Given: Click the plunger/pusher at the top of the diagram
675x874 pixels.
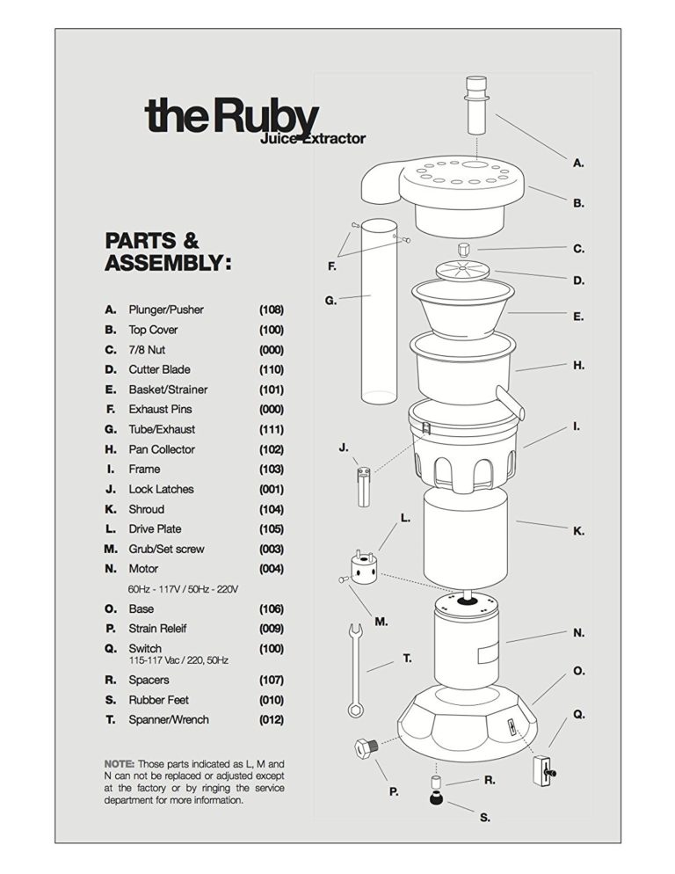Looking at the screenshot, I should (x=475, y=106).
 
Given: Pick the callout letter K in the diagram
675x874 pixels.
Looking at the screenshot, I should (x=578, y=531).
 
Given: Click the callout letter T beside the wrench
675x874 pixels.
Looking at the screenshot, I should (x=407, y=658).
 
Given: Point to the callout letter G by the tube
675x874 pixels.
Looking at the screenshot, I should (x=330, y=300).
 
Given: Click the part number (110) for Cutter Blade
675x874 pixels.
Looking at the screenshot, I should (x=272, y=369).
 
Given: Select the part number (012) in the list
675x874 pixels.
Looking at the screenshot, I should (x=272, y=720).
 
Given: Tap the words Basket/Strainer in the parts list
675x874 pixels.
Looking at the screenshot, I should (x=168, y=390).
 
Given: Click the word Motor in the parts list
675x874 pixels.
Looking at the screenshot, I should (x=143, y=569).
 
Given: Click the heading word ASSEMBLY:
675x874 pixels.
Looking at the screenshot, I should (x=168, y=262).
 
